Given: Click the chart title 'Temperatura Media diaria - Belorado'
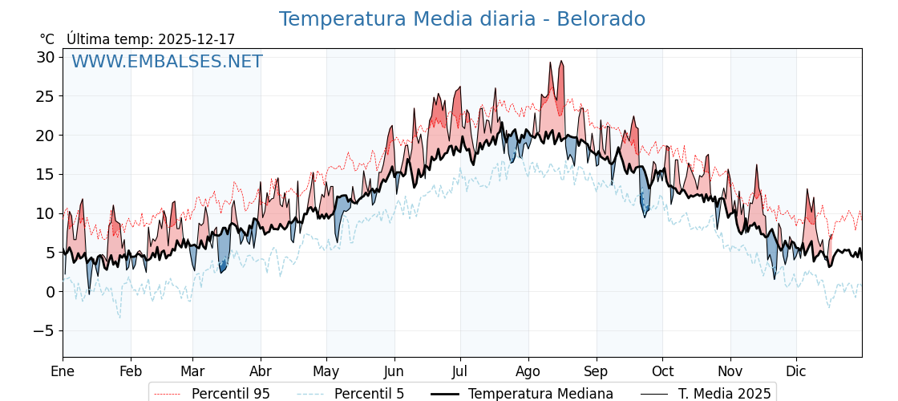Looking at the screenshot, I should (462, 19).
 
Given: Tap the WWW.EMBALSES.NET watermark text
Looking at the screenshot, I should (167, 62).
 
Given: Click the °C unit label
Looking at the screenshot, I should (47, 39).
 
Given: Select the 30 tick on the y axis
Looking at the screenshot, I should (45, 57).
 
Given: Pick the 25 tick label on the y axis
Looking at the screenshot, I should (45, 96).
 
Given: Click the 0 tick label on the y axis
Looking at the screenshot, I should (50, 292).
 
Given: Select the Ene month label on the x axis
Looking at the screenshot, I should (63, 371).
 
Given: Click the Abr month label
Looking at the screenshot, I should (261, 371).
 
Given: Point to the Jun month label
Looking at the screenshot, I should (394, 371).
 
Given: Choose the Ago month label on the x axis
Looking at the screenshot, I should (528, 371).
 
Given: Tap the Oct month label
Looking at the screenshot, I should (662, 371).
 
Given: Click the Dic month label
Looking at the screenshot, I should (796, 371).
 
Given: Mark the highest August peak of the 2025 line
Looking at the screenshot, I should (561, 61).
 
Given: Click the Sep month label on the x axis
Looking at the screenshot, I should (596, 371).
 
